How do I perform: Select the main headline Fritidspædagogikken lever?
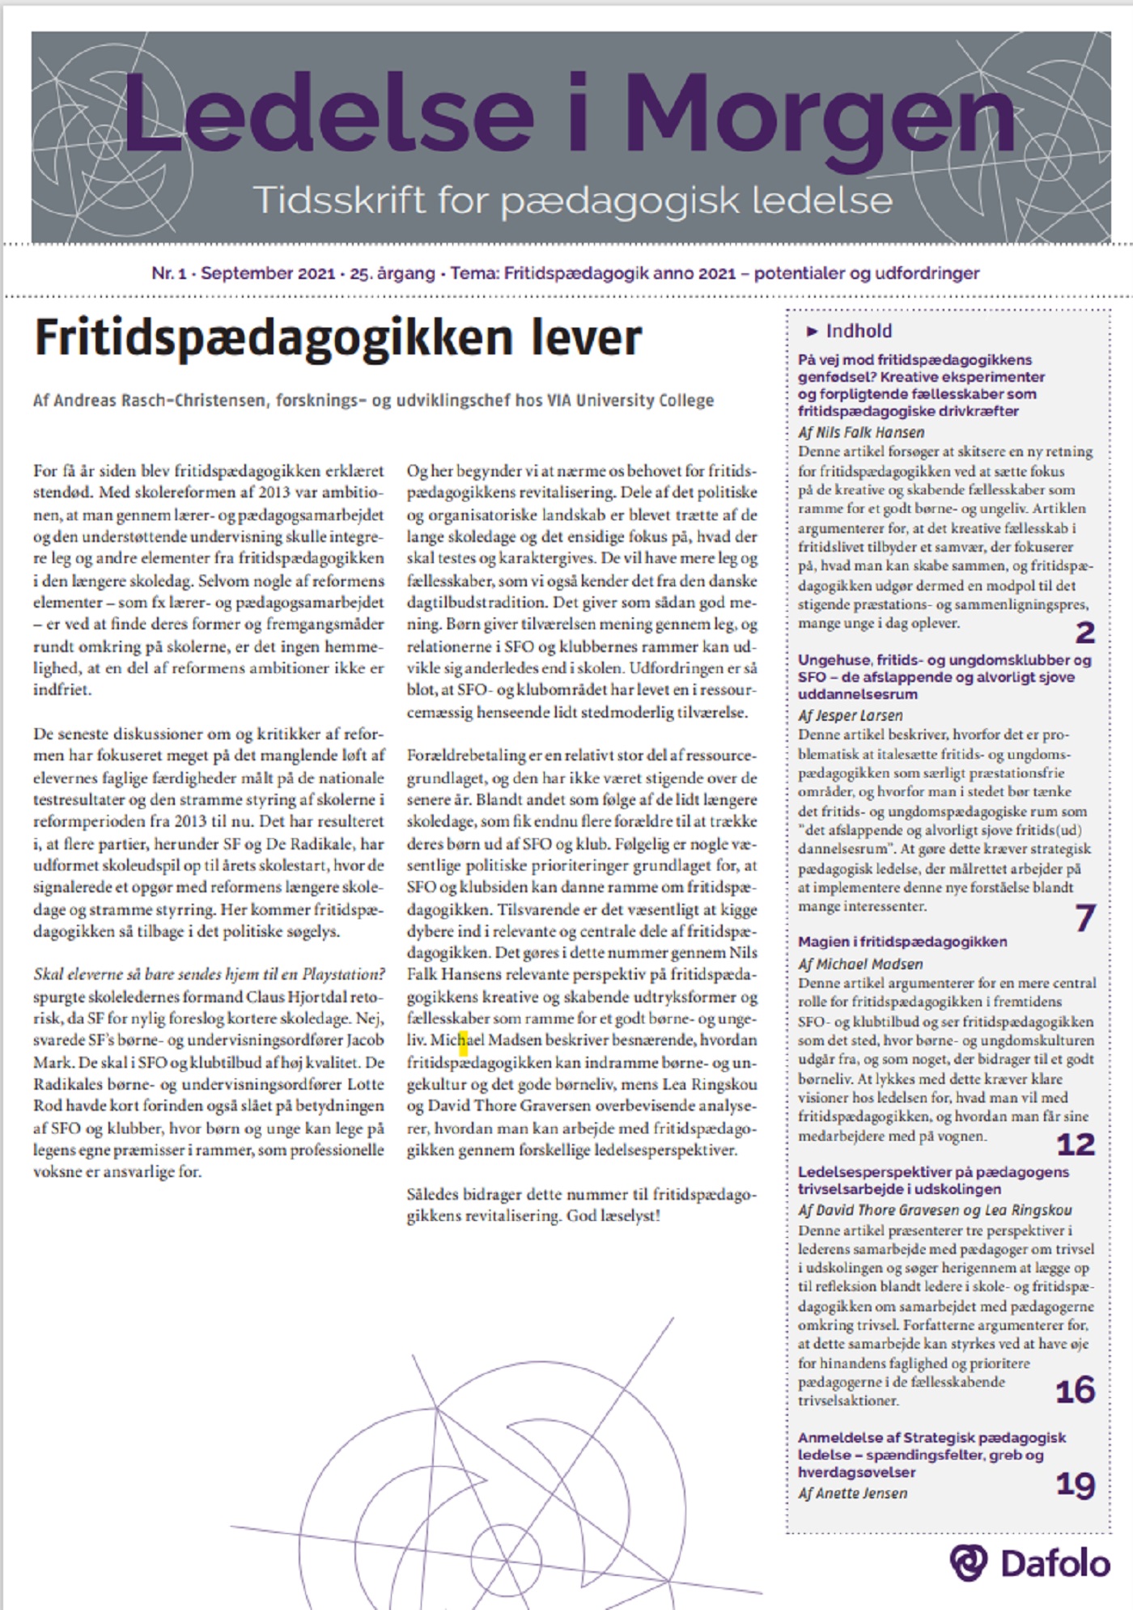(x=338, y=337)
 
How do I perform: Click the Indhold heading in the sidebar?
(x=859, y=331)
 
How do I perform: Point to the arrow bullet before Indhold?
(x=813, y=331)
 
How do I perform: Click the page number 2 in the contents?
(x=1084, y=632)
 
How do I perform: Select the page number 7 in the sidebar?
(x=1084, y=917)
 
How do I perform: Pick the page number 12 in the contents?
(x=1076, y=1144)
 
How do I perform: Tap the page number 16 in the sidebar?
(x=1076, y=1390)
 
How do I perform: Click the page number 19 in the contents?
(x=1076, y=1484)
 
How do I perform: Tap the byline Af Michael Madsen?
(x=859, y=964)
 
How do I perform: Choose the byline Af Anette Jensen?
(x=852, y=1493)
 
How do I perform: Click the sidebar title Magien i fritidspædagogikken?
(x=902, y=942)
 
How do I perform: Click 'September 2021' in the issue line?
(x=268, y=273)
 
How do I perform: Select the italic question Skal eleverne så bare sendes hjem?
(x=209, y=974)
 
